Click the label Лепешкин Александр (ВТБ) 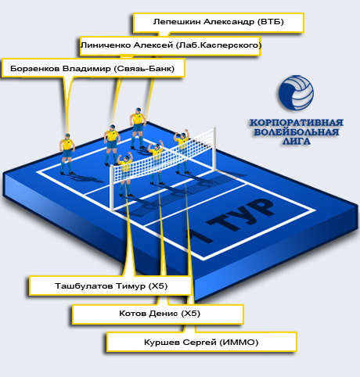[218, 22]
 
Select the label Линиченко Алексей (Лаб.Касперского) [171, 45]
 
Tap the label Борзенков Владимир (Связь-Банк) [92, 68]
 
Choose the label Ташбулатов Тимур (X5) [111, 286]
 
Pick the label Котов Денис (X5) [160, 313]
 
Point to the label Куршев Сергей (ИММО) [201, 342]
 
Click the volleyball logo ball [296, 92]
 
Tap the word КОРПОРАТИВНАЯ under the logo [297, 123]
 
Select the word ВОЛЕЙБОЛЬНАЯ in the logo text [297, 132]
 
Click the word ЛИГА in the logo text [297, 141]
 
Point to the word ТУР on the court [240, 214]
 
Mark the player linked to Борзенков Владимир [67, 154]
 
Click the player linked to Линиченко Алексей [112, 145]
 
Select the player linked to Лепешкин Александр [138, 128]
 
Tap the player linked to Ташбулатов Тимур [125, 174]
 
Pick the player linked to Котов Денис [156, 162]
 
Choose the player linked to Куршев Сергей [182, 151]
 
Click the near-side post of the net [112, 188]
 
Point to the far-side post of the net [214, 149]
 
